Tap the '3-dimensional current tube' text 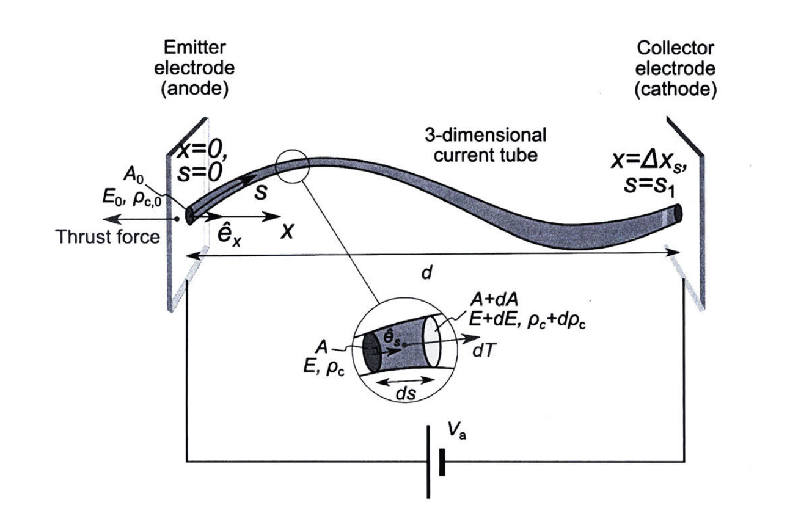click(x=486, y=145)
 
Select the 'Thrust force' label click(x=108, y=236)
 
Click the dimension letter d click(x=427, y=273)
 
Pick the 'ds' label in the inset click(x=405, y=393)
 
